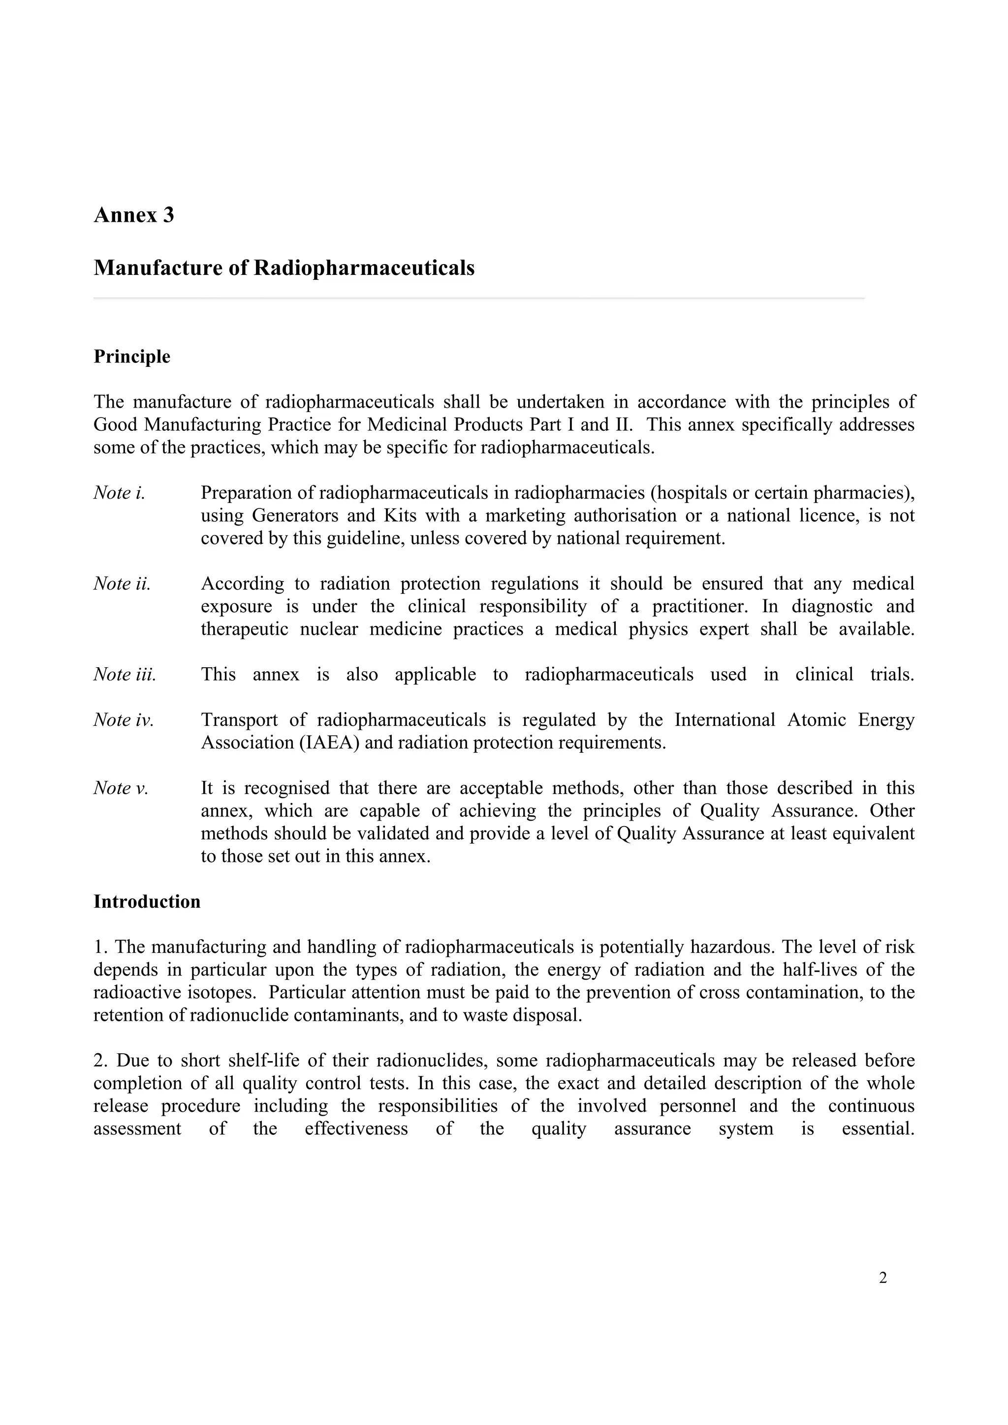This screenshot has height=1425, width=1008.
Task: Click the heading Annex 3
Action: (133, 215)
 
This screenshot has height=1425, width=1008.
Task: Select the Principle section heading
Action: (132, 357)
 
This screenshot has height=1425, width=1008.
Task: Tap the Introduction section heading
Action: (147, 902)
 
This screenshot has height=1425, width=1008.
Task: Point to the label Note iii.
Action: (124, 674)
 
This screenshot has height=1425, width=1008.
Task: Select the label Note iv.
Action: (123, 720)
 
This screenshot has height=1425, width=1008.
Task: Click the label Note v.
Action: (121, 788)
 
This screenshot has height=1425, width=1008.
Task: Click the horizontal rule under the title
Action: (478, 298)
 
